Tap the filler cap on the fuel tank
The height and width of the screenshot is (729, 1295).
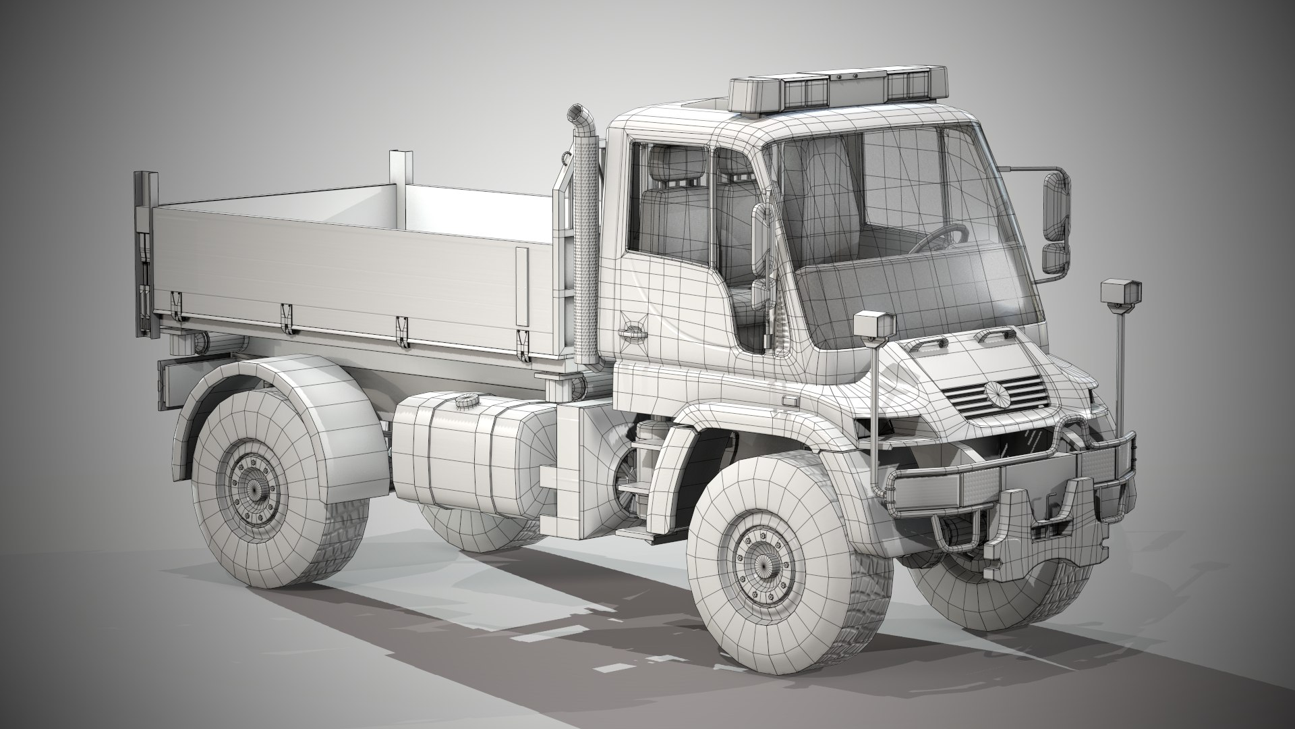pyautogui.click(x=465, y=402)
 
